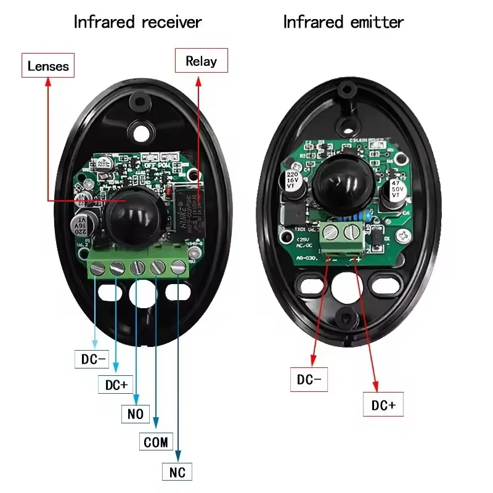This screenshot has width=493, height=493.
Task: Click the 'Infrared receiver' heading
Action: pyautogui.click(x=137, y=22)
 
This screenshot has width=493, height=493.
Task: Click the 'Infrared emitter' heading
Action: pyautogui.click(x=343, y=22)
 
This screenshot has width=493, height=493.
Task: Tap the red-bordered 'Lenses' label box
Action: pyautogui.click(x=48, y=65)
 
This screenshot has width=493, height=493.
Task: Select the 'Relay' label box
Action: pyautogui.click(x=201, y=61)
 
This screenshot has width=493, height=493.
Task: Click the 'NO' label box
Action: pyautogui.click(x=136, y=414)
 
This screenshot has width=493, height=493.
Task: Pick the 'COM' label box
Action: pyautogui.click(x=155, y=442)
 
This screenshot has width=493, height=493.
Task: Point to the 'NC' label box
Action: pyautogui.click(x=177, y=472)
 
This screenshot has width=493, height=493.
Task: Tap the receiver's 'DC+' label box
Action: pyautogui.click(x=116, y=385)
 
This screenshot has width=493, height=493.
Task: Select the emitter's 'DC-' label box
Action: pyautogui.click(x=309, y=380)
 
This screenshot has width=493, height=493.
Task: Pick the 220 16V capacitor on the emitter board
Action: pyautogui.click(x=292, y=187)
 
